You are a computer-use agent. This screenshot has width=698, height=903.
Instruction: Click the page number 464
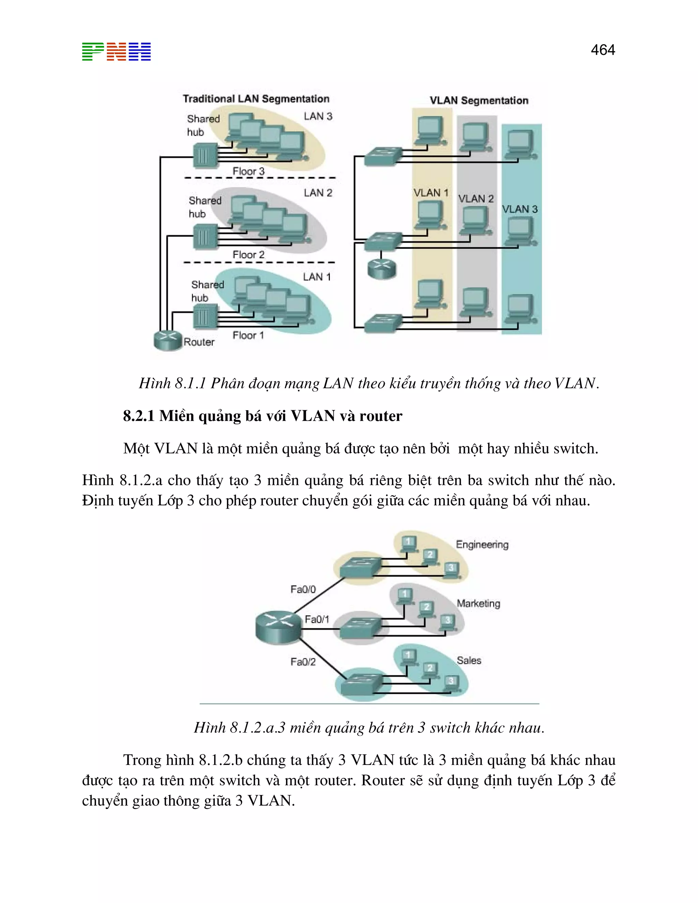[x=603, y=50]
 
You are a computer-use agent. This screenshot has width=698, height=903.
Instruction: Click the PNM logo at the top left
[x=116, y=52]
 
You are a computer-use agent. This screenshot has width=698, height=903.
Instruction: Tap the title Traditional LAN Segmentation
[x=256, y=99]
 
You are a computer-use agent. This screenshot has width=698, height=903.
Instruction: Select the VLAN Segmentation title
[x=479, y=101]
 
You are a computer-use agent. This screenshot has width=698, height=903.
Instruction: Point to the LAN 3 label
[x=318, y=117]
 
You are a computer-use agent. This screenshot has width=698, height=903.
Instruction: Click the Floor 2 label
[x=248, y=255]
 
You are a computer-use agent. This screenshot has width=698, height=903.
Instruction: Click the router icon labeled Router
[x=167, y=340]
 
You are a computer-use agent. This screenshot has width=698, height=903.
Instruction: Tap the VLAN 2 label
[x=476, y=199]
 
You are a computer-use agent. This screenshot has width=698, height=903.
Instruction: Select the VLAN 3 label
[x=520, y=209]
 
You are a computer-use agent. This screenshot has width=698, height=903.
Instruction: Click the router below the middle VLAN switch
[x=382, y=269]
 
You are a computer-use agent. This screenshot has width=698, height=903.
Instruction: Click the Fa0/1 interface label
[x=317, y=619]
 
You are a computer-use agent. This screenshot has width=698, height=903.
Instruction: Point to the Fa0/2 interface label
[x=303, y=662]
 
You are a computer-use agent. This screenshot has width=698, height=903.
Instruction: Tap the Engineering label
[x=482, y=545]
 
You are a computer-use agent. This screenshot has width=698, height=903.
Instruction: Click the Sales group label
[x=469, y=660]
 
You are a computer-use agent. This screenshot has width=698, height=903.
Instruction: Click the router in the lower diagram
[x=278, y=628]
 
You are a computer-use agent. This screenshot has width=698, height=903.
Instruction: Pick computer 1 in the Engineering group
[x=408, y=543]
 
